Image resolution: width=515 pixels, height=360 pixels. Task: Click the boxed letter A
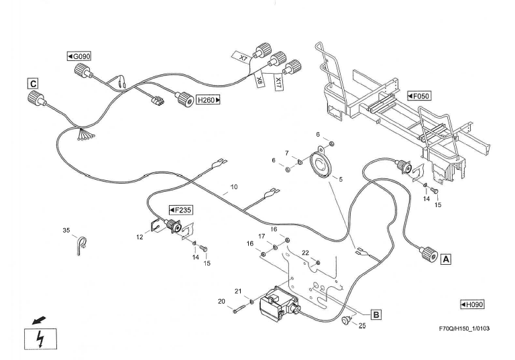446,257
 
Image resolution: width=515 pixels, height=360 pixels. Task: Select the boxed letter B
376,314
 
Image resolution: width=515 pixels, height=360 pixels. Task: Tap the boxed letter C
32,84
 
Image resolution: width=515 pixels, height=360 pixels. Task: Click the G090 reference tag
78,56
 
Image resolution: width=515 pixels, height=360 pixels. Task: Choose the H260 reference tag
208,100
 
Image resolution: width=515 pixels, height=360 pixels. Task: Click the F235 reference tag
180,210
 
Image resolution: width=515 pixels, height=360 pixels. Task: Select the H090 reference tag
472,305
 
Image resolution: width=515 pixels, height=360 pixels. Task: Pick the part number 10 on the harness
234,187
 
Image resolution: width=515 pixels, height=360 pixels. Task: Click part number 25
362,326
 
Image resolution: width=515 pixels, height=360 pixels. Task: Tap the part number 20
221,301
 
